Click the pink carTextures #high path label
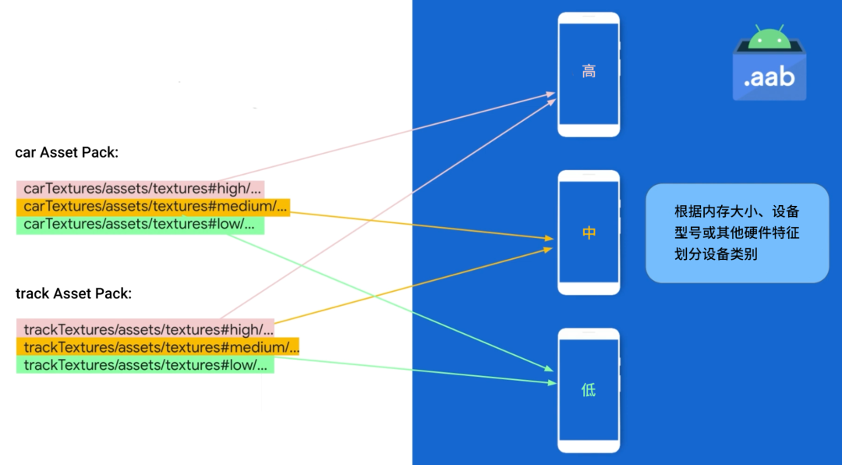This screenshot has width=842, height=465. pos(140,189)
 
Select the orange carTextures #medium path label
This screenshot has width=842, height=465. pos(153,207)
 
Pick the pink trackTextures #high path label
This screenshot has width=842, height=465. pos(145,329)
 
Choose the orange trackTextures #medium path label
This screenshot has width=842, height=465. pos(157,347)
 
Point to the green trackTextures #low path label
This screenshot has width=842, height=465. pos(145,365)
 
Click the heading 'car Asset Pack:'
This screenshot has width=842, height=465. pos(67,153)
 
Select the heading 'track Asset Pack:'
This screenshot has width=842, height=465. pos(74,294)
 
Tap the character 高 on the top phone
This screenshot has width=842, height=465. pos(589,73)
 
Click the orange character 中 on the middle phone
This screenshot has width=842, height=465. pos(589,232)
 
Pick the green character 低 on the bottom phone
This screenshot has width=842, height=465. pos(589,390)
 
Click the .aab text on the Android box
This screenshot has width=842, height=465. pos(769,77)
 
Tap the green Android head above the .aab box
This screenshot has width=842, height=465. pos(769,36)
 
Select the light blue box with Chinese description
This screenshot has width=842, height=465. pos(737,232)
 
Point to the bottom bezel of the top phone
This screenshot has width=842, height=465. pos(589,130)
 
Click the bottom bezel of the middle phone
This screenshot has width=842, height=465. pos(589,288)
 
